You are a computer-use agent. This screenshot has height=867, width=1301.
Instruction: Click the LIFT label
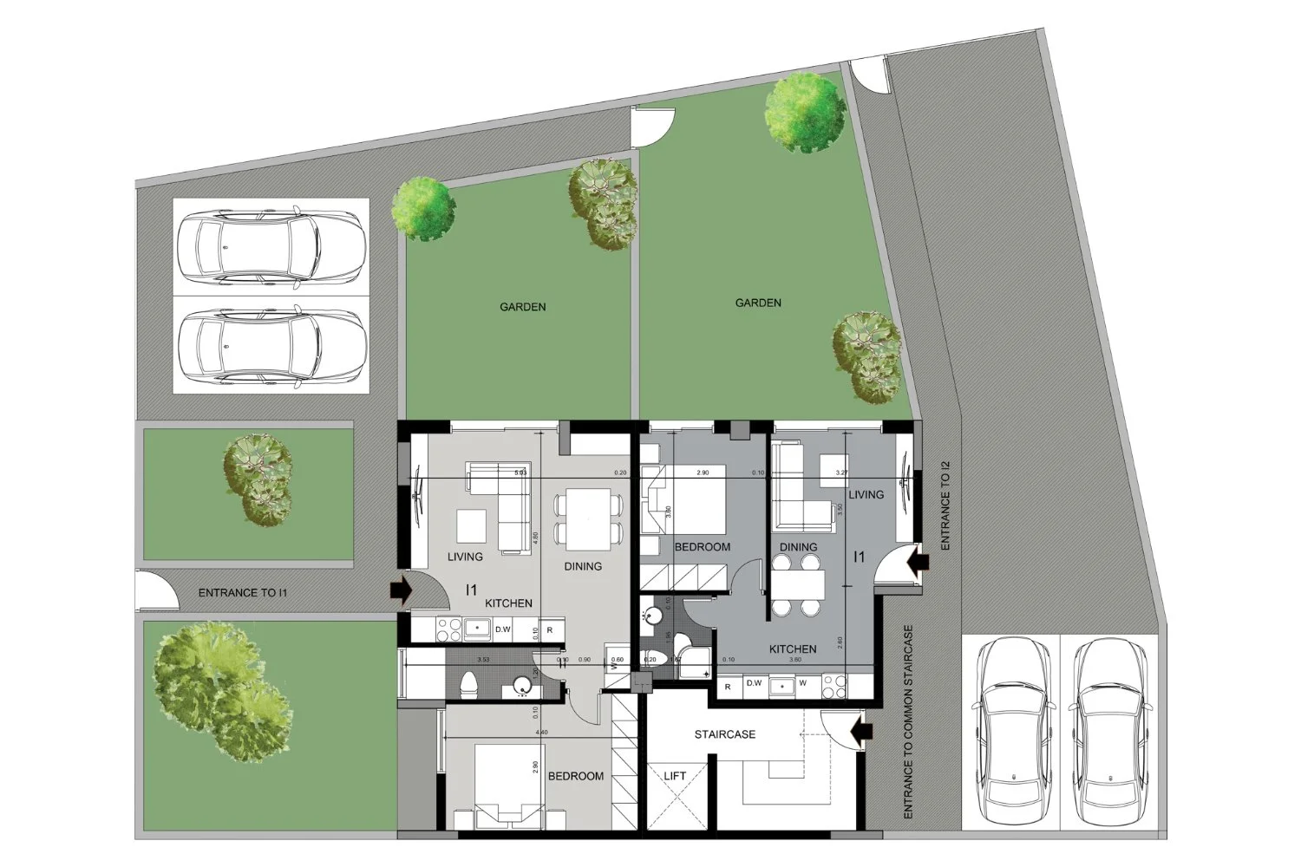675,776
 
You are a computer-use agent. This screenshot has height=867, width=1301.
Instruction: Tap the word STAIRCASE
725,734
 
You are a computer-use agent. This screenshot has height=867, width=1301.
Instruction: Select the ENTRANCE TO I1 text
243,593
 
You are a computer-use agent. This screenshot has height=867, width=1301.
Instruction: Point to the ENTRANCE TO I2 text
945,506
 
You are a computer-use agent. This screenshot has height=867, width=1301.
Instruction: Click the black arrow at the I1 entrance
400,590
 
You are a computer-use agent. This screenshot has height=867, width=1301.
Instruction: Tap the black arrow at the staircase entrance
862,733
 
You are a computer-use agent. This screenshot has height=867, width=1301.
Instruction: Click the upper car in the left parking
271,247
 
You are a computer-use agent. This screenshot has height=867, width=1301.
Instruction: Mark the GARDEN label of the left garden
523,307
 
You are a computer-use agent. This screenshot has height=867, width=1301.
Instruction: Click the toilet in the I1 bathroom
468,684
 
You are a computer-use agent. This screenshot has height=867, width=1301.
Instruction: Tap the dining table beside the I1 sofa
589,518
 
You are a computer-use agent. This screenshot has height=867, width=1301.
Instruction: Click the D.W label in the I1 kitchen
503,630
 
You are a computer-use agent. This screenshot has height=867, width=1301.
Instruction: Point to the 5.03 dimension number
520,473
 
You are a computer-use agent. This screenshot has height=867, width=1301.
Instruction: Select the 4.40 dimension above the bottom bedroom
542,733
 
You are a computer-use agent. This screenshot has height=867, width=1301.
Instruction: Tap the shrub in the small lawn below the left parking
257,479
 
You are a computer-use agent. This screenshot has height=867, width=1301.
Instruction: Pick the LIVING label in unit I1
466,557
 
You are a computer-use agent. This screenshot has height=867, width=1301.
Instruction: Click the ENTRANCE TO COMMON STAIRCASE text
908,723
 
